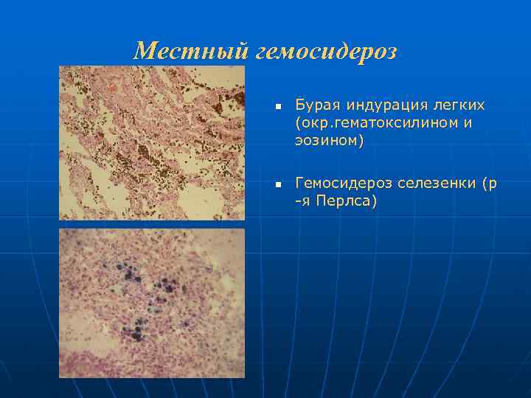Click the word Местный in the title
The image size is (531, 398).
(193, 52)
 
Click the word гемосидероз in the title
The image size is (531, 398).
(328, 52)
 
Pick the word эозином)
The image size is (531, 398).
(330, 141)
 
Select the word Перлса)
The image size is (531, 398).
(347, 201)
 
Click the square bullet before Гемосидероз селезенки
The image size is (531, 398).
(278, 184)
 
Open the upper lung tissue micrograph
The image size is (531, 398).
(151, 143)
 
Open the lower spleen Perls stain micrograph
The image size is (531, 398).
(151, 302)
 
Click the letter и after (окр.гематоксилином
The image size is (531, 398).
(467, 123)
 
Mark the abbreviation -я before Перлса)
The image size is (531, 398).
(303, 201)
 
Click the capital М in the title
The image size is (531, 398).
(145, 52)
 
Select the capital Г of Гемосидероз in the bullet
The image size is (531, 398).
(299, 184)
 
